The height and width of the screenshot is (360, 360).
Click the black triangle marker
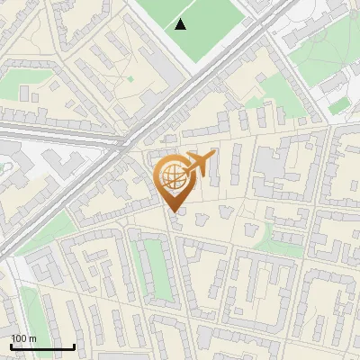coord(181,24)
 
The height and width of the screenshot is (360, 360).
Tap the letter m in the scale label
coord(33,338)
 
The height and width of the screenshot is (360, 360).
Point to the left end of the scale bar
coord(11,346)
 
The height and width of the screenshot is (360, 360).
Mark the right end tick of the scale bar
coord(75,346)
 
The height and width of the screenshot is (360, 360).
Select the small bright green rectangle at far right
coord(339,106)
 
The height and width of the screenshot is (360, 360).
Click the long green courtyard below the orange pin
coord(157,269)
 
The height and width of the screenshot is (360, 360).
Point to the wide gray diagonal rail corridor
coord(135,144)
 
